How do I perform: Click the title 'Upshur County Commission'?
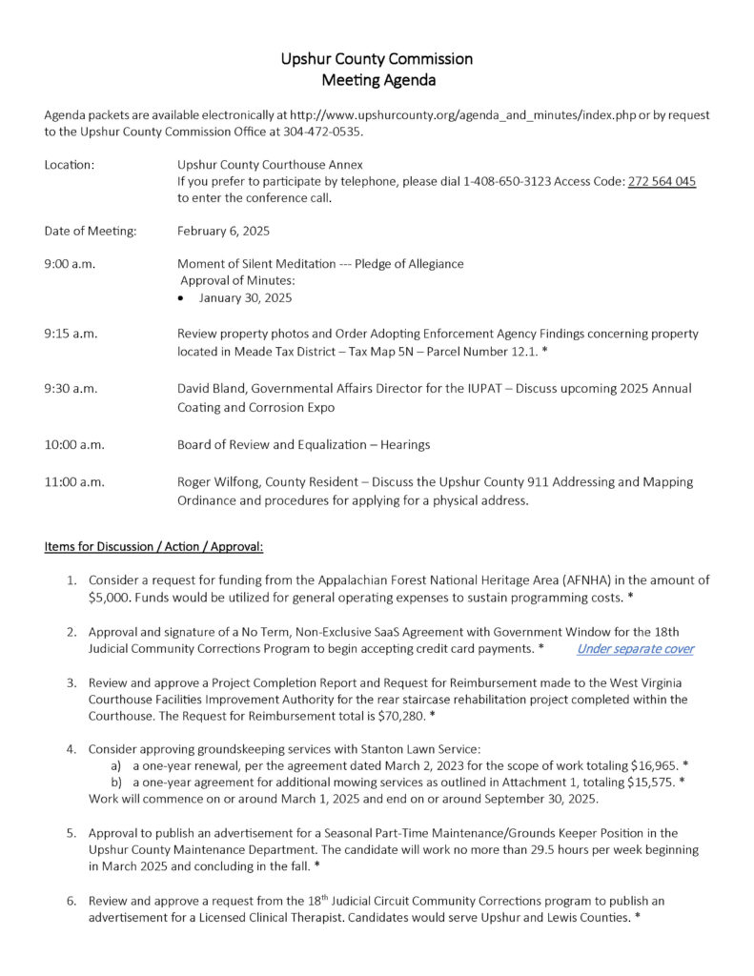(x=377, y=58)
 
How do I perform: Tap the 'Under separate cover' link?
(x=635, y=649)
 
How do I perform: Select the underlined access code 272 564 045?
(x=662, y=181)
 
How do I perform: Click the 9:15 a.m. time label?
(x=71, y=334)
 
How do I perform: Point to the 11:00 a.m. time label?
(x=74, y=482)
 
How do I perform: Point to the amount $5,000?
(x=111, y=598)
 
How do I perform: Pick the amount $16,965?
(x=654, y=765)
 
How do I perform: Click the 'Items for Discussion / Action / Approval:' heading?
(x=153, y=547)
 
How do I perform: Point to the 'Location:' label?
(x=70, y=165)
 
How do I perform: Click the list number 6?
(x=71, y=901)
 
